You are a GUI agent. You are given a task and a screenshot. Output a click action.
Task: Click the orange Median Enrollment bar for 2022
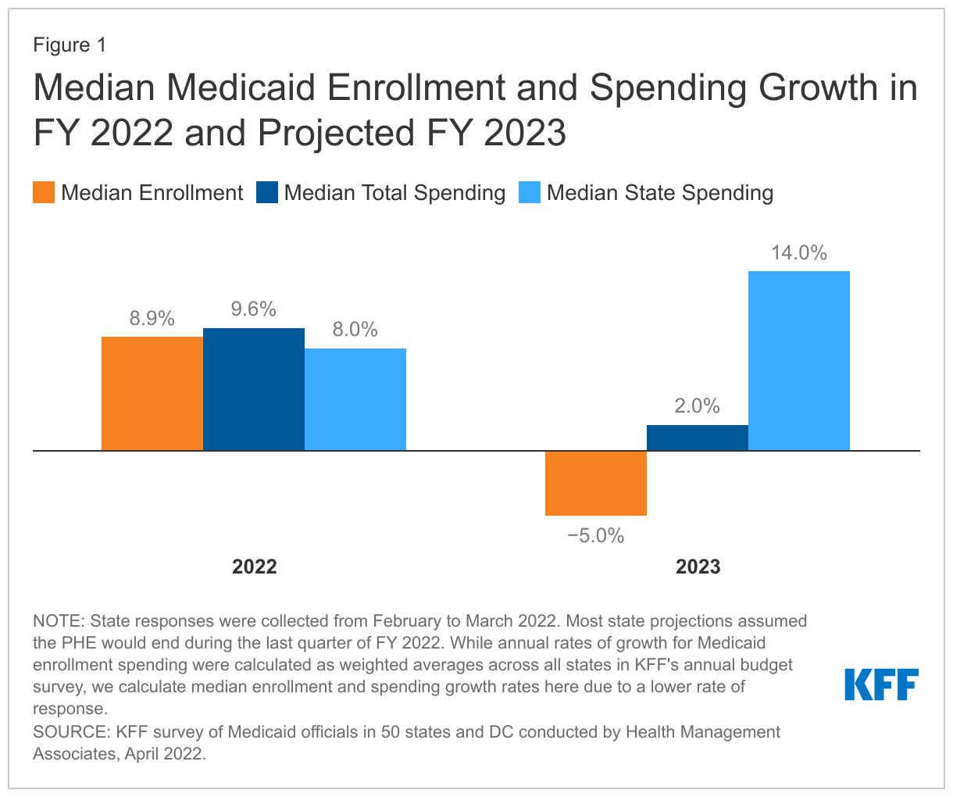152,394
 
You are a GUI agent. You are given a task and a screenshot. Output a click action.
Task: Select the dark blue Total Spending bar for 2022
254,389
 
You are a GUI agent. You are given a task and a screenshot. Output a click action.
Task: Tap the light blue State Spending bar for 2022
355,399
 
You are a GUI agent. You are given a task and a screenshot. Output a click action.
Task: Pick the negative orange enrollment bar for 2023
596,483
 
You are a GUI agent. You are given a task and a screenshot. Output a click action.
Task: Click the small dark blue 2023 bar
698,438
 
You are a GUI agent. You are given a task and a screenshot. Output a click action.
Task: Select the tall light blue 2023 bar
799,360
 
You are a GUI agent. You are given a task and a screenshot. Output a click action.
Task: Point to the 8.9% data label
152,319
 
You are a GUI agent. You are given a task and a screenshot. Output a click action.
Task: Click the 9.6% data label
254,309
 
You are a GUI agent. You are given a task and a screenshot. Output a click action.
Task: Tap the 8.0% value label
355,330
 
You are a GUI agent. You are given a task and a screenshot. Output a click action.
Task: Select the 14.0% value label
799,252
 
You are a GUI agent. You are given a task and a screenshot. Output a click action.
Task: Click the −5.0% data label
596,536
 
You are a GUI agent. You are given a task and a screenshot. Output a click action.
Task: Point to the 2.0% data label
698,406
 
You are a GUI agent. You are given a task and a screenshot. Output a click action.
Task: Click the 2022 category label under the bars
255,566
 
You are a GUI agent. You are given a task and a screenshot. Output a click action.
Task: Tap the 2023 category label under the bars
698,566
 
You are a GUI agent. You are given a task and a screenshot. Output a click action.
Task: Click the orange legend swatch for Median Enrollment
44,193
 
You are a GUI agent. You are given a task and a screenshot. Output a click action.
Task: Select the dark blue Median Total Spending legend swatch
267,193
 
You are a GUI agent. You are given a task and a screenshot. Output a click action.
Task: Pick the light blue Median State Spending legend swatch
530,193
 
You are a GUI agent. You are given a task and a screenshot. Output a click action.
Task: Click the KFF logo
882,684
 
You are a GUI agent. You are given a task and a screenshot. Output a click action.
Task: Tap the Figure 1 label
70,45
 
